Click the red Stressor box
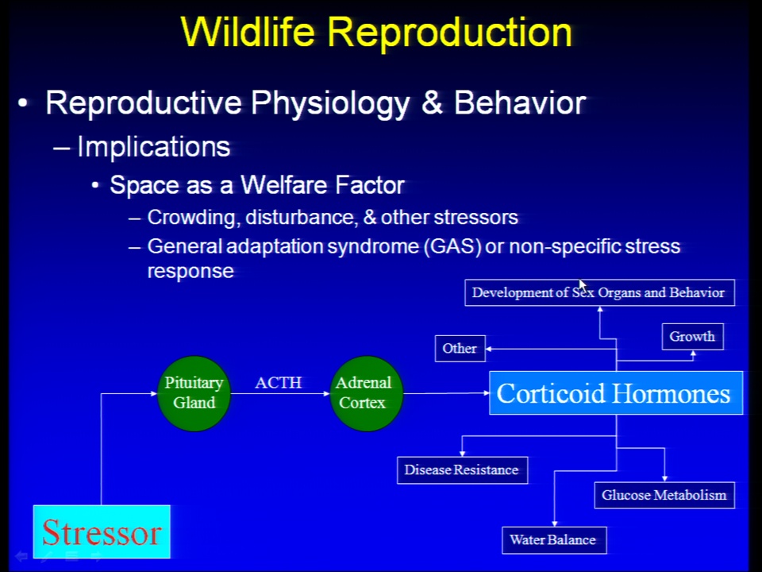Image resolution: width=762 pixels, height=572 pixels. (102, 531)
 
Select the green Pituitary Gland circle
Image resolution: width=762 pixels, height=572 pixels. (194, 393)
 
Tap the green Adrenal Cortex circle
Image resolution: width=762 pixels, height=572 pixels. (366, 393)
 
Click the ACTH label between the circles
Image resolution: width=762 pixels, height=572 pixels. (278, 382)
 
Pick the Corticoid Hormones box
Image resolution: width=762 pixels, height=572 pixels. (616, 393)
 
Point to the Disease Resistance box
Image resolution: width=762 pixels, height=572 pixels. (462, 470)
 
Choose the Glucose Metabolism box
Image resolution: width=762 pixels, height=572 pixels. (664, 495)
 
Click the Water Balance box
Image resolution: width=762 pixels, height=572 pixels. (554, 540)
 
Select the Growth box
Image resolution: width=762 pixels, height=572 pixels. (692, 337)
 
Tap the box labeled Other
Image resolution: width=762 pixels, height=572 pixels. (460, 348)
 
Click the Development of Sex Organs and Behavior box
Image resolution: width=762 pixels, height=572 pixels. (599, 292)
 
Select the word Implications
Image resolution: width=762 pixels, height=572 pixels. (153, 146)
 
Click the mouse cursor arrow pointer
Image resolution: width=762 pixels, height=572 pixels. (583, 285)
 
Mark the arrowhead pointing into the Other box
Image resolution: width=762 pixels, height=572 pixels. (489, 349)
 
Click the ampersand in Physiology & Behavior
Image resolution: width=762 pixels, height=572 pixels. (432, 103)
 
